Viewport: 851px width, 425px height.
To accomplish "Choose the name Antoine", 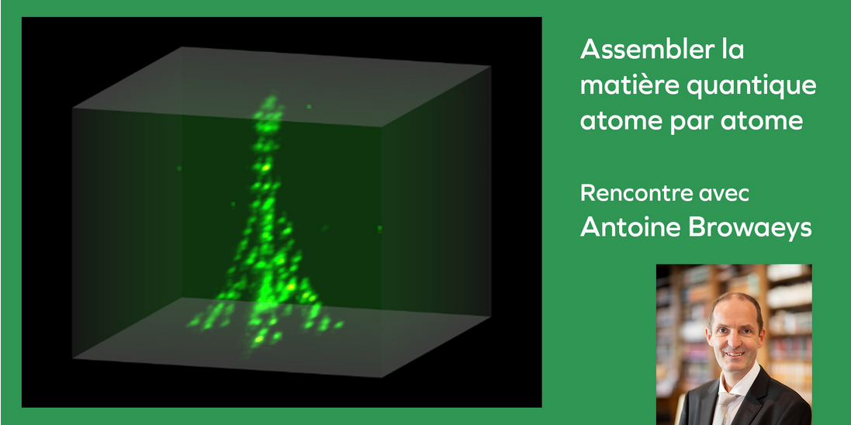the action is pos(630,227).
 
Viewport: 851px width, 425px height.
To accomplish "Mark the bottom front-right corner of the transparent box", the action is pos(382,377).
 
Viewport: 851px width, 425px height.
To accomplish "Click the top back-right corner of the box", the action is pos(490,67).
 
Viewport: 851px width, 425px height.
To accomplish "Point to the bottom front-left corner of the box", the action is pos(73,358).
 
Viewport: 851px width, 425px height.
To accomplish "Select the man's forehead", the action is pos(733,313).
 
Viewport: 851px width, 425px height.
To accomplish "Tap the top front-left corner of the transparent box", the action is pos(73,108).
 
